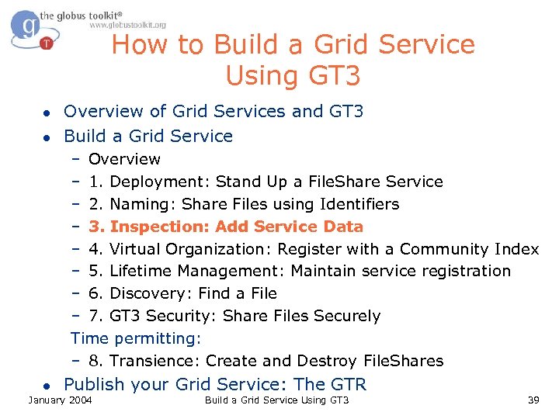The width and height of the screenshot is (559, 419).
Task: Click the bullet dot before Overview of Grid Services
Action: click(x=47, y=113)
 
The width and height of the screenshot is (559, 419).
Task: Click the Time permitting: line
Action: click(x=136, y=338)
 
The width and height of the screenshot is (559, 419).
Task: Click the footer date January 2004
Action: click(x=60, y=400)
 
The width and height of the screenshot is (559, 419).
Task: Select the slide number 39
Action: click(x=533, y=400)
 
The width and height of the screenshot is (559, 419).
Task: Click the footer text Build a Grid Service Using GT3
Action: click(x=276, y=400)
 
